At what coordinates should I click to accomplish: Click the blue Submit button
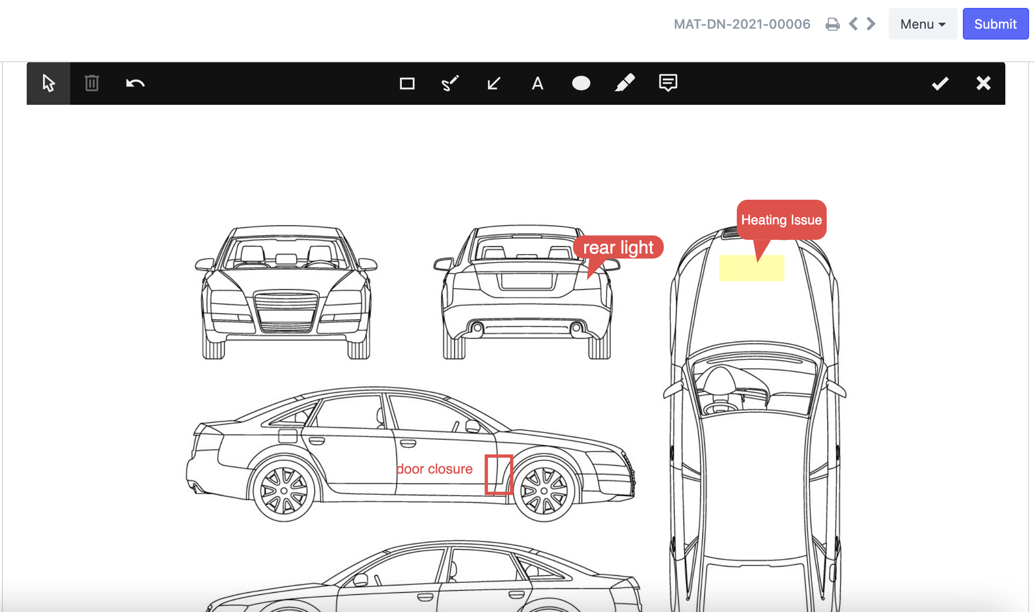[x=995, y=24]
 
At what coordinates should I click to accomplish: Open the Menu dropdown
[x=922, y=24]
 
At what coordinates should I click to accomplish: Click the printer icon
[x=832, y=24]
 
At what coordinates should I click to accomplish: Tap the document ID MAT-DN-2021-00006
[x=742, y=24]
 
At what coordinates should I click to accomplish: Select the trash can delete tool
[x=92, y=83]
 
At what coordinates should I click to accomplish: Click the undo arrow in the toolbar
[x=135, y=83]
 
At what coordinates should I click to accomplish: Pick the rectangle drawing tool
[x=407, y=83]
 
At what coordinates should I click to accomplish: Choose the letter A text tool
[x=537, y=83]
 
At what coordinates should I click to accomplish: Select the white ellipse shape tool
[x=581, y=83]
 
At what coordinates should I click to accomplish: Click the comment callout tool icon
[x=668, y=83]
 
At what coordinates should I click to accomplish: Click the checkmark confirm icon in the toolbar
[x=940, y=83]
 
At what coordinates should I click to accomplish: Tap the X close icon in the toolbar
[x=983, y=83]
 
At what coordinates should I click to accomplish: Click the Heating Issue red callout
[x=781, y=220]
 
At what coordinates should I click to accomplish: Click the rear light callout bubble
[x=618, y=247]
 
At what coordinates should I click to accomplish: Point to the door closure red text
[x=434, y=469]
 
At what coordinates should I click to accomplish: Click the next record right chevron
[x=871, y=24]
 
